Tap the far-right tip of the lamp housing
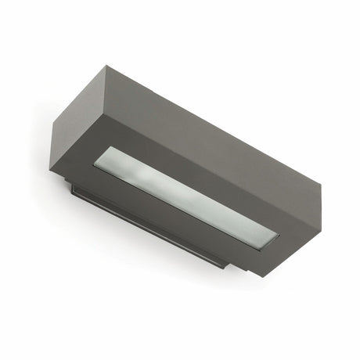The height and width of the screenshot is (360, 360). point(322,187)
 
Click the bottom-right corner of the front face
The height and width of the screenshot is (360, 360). point(271,276)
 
